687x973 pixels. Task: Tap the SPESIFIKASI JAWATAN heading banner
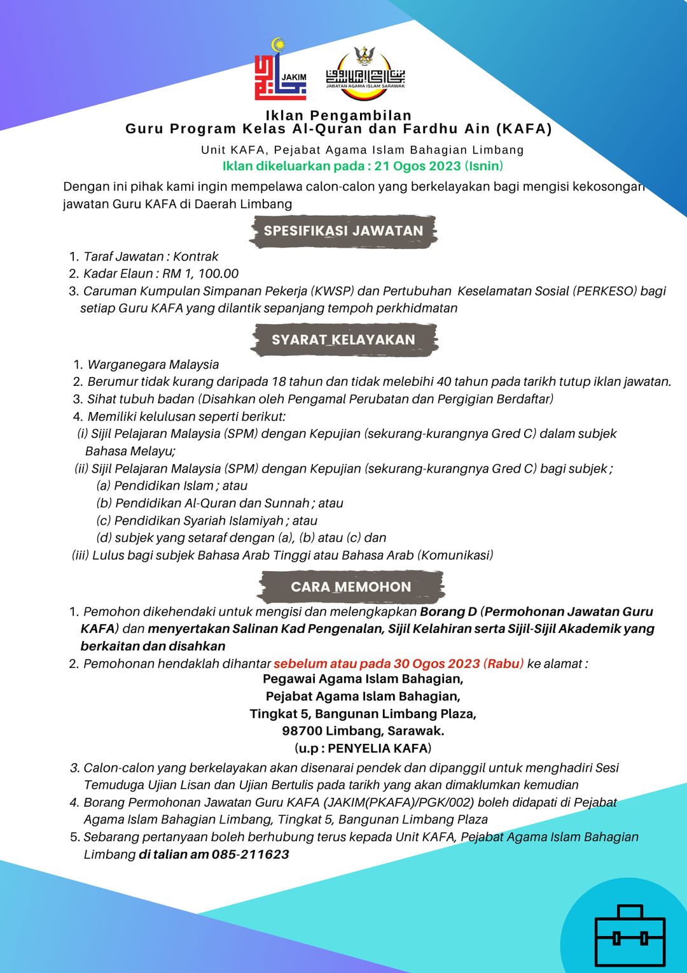pos(343,231)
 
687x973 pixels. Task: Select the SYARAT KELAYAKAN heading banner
pos(343,340)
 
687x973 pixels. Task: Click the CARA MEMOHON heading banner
pos(351,587)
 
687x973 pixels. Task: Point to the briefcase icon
pos(630,936)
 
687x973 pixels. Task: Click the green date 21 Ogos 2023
pos(417,166)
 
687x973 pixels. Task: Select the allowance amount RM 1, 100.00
pos(200,274)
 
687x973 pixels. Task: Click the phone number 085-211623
pos(251,855)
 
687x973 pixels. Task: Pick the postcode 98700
pos(302,731)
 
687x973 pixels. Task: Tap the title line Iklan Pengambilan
pos(338,115)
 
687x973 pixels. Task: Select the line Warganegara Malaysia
pos(153,365)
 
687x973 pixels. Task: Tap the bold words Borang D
pos(448,612)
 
